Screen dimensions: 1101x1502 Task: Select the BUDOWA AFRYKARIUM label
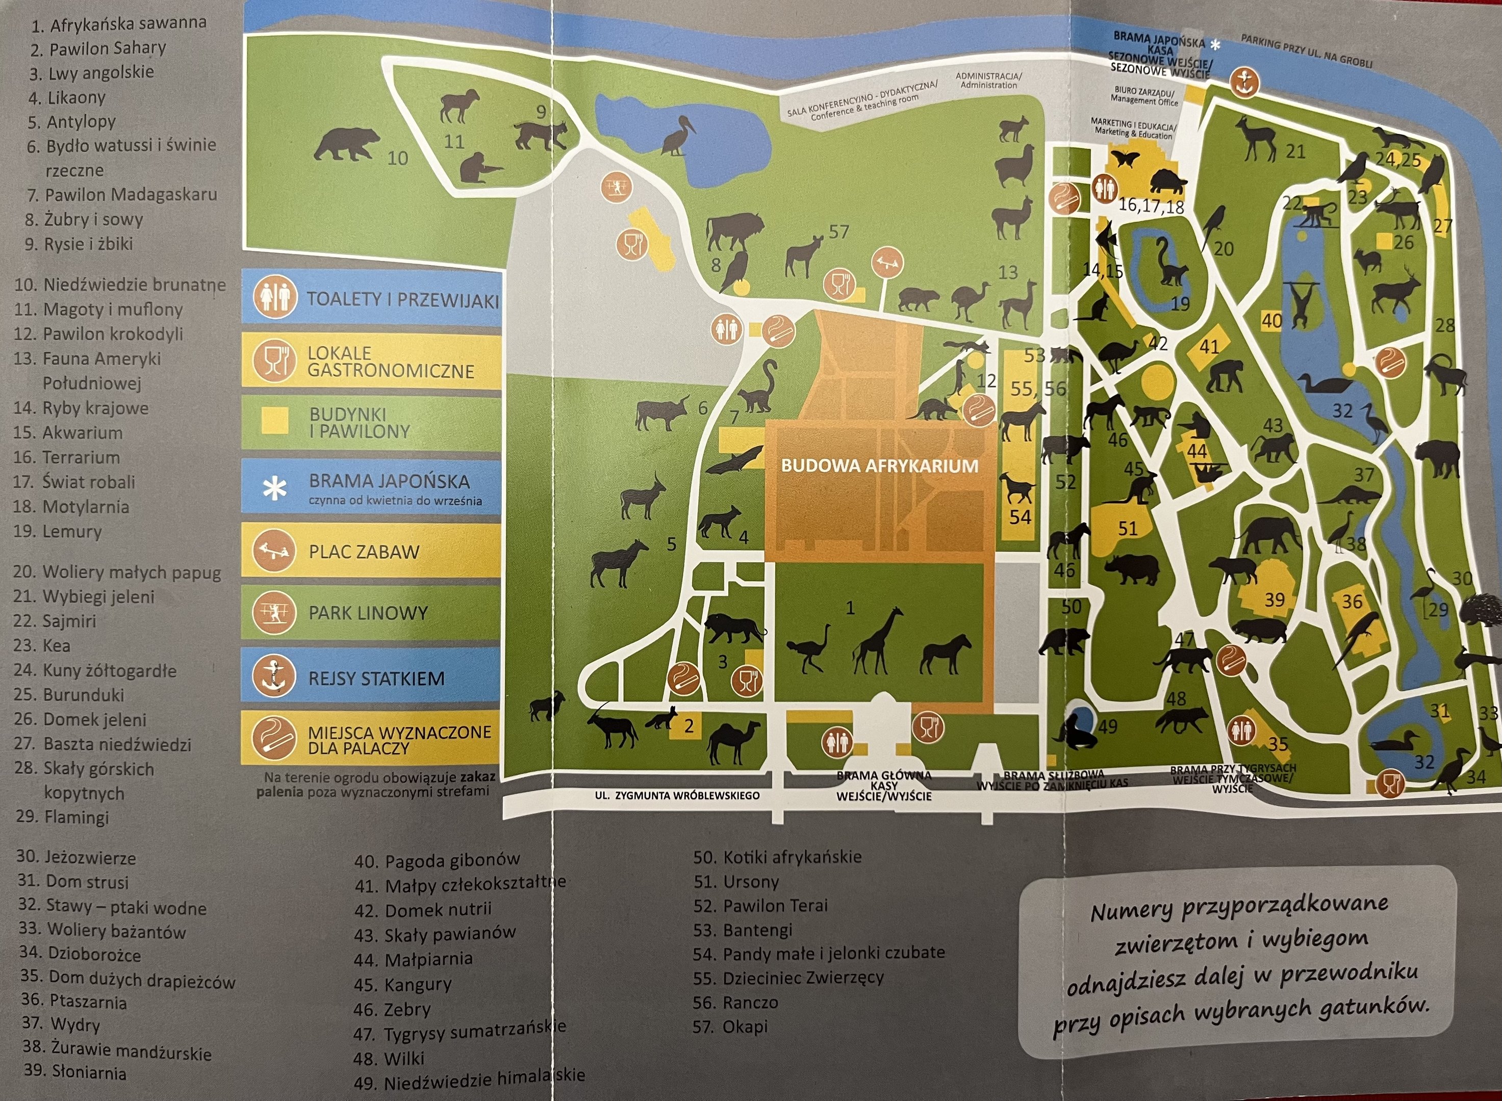[879, 465]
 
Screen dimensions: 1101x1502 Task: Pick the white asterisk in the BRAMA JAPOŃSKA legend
[275, 490]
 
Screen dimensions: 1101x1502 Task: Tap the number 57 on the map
[838, 231]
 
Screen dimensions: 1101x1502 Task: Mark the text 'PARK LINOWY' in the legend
[367, 613]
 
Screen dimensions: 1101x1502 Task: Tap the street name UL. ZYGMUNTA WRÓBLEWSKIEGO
[677, 795]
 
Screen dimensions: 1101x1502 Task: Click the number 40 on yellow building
[1271, 321]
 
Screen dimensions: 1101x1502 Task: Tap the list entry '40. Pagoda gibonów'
[437, 860]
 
